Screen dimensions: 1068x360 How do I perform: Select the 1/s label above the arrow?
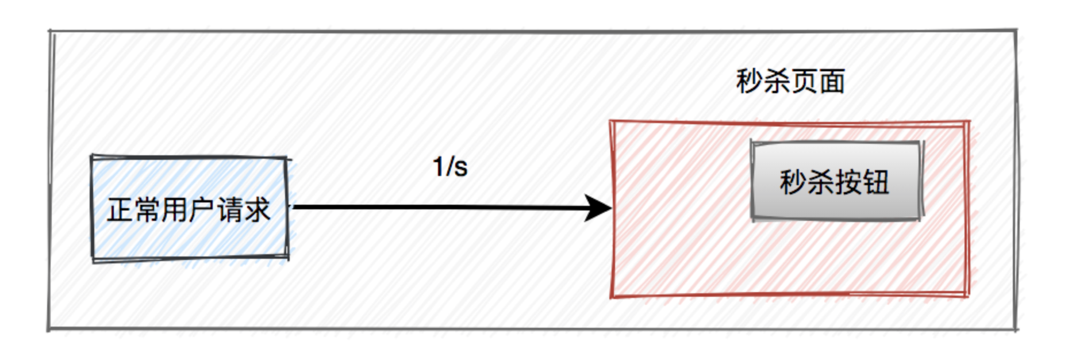(x=450, y=167)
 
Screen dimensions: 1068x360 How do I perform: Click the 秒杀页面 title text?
(x=790, y=81)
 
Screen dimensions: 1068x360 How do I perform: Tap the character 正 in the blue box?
(x=120, y=210)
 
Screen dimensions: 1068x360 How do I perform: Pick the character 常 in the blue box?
(x=147, y=210)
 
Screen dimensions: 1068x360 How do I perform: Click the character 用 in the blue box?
(x=174, y=210)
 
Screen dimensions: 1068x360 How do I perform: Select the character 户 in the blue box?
(x=201, y=210)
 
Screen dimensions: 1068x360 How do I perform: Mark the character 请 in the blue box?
(x=229, y=210)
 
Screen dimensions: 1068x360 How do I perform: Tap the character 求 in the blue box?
(x=256, y=210)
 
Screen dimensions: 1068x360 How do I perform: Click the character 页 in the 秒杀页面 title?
(x=804, y=81)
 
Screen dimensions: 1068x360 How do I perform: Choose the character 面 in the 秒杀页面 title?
(x=832, y=81)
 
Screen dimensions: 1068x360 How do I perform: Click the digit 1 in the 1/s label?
(x=438, y=167)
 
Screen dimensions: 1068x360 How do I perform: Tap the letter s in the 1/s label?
(x=460, y=168)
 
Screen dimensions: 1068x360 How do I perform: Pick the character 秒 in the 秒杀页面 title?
(x=749, y=81)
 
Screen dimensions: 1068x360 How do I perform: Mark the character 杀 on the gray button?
(x=821, y=182)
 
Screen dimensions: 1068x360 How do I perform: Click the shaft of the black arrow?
(x=437, y=207)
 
